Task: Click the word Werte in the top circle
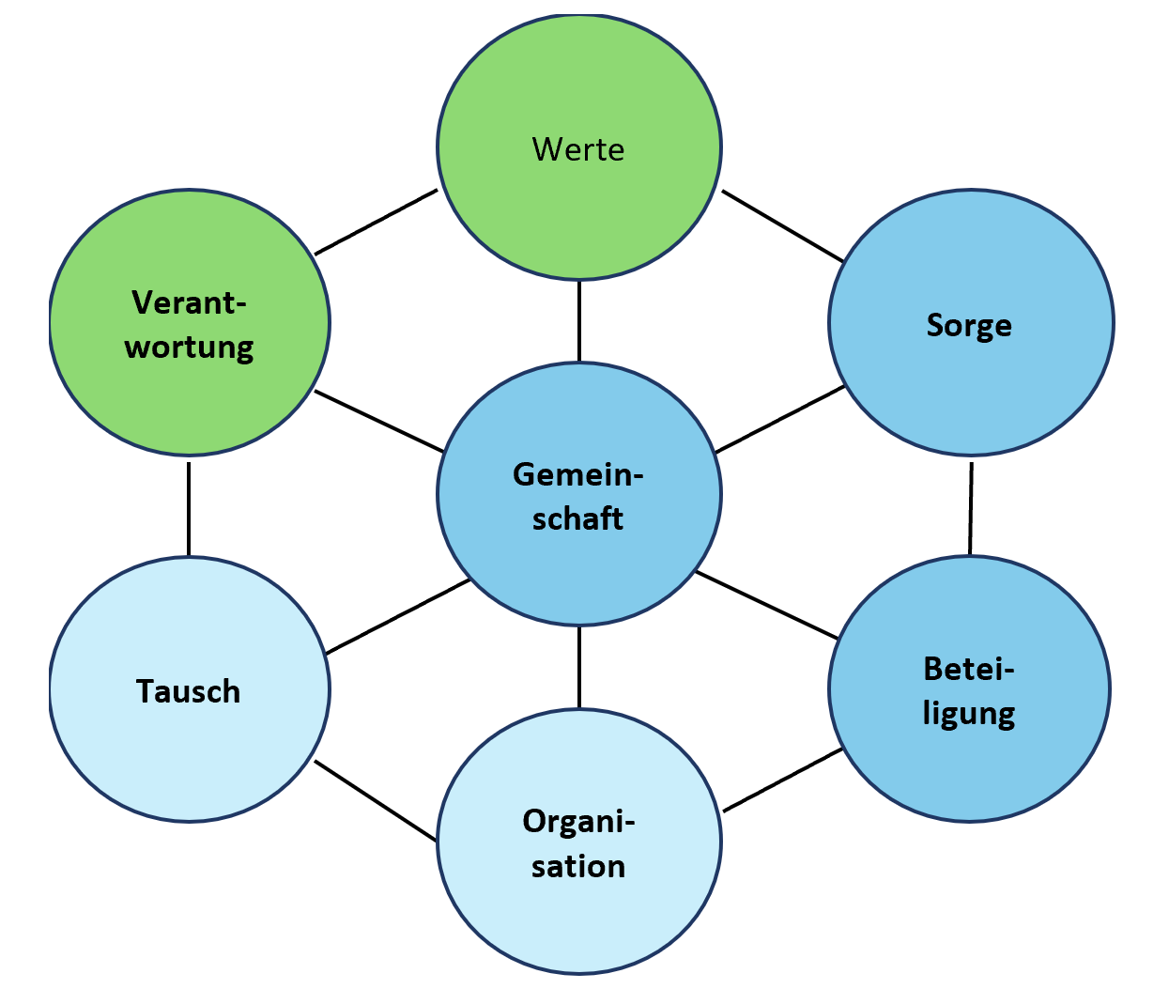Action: coord(578,149)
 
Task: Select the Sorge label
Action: coord(969,325)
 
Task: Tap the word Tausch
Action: coord(189,691)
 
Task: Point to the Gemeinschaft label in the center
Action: coord(578,496)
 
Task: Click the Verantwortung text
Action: coord(190,325)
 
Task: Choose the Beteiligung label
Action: coord(969,691)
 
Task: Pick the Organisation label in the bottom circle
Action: coord(578,843)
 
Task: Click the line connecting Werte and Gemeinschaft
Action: coord(578,320)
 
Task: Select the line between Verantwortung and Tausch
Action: coord(189,507)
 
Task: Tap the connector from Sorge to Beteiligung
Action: coord(971,507)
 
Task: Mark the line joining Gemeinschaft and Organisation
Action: coord(578,667)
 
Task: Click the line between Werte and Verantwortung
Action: coord(376,222)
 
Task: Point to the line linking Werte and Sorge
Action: coord(782,225)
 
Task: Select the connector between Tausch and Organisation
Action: coord(376,800)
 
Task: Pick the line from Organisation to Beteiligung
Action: coord(782,780)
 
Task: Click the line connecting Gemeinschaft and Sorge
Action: coord(779,419)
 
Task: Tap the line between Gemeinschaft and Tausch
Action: coord(397,616)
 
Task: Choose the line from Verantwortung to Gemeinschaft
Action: coord(379,421)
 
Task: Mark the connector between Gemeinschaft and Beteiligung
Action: coord(766,605)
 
